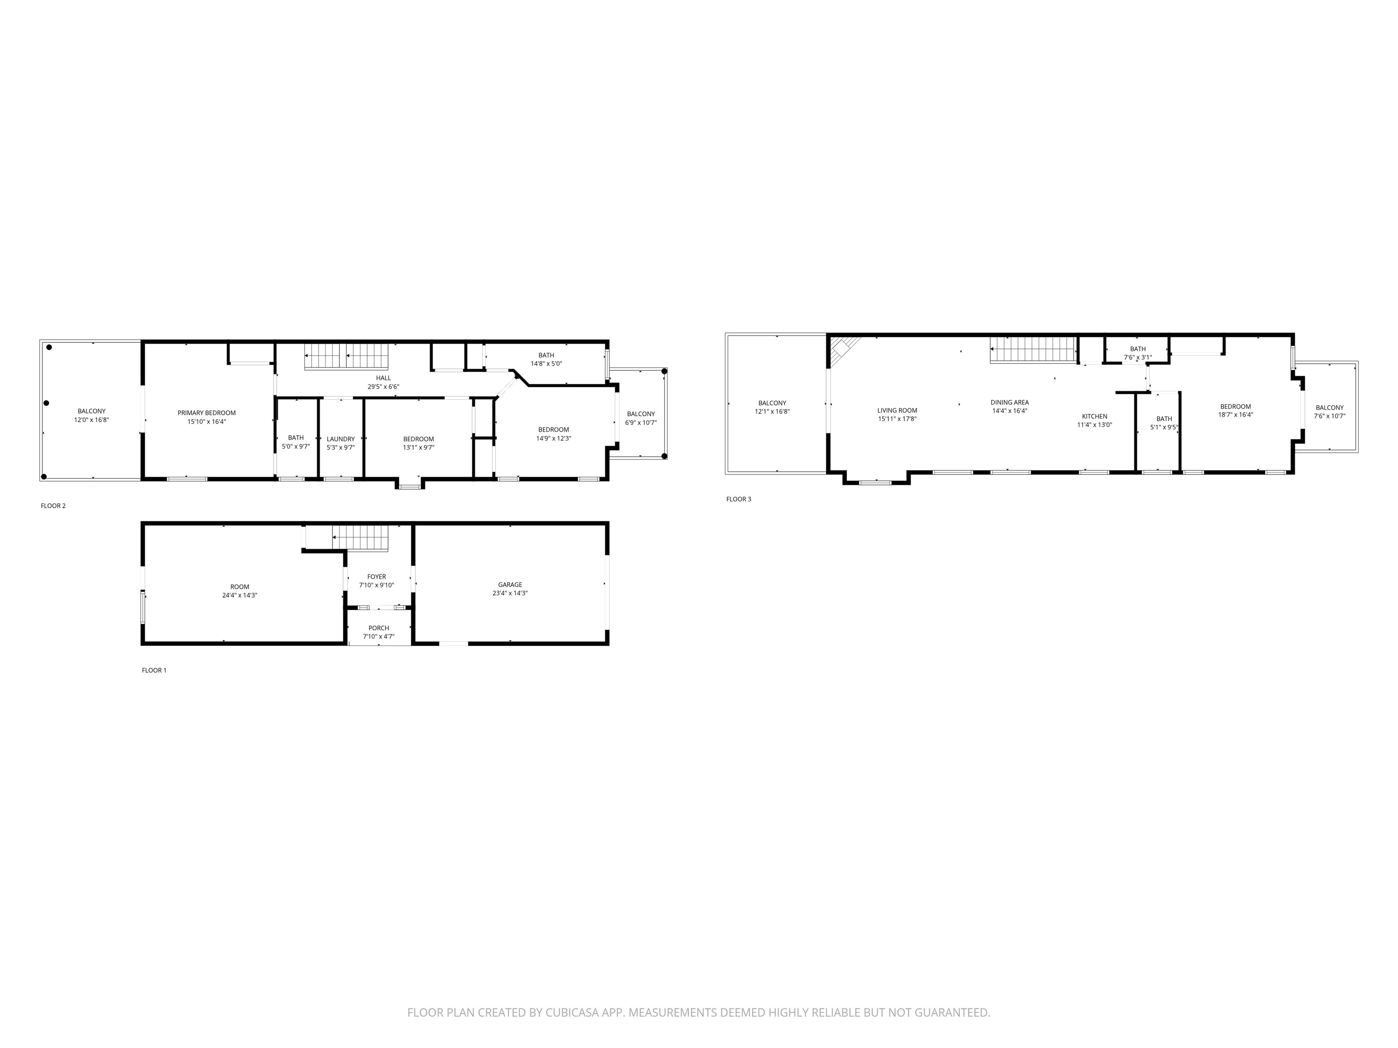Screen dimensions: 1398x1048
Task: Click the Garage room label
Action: [x=510, y=585]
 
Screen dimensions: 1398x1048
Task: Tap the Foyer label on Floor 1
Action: [x=377, y=577]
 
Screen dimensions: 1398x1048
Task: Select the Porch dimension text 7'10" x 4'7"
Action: [x=379, y=636]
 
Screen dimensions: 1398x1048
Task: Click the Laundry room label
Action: [x=341, y=439]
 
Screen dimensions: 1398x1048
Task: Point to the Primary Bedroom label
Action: [x=207, y=413]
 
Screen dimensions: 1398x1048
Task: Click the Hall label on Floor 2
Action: [x=384, y=378]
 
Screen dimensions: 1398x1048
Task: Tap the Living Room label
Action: [x=897, y=411]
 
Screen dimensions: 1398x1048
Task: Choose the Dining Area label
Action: [x=1010, y=403]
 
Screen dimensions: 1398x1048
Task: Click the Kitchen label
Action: [x=1094, y=416]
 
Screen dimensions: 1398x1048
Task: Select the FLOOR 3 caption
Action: [x=739, y=499]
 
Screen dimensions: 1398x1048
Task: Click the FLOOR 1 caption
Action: [x=154, y=670]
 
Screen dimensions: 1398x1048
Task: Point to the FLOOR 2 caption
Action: [x=53, y=505]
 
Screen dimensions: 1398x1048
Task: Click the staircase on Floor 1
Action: [x=360, y=538]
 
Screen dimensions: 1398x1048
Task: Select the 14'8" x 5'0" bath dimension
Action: [x=546, y=364]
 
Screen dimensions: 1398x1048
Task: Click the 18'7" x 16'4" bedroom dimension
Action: [x=1236, y=415]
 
